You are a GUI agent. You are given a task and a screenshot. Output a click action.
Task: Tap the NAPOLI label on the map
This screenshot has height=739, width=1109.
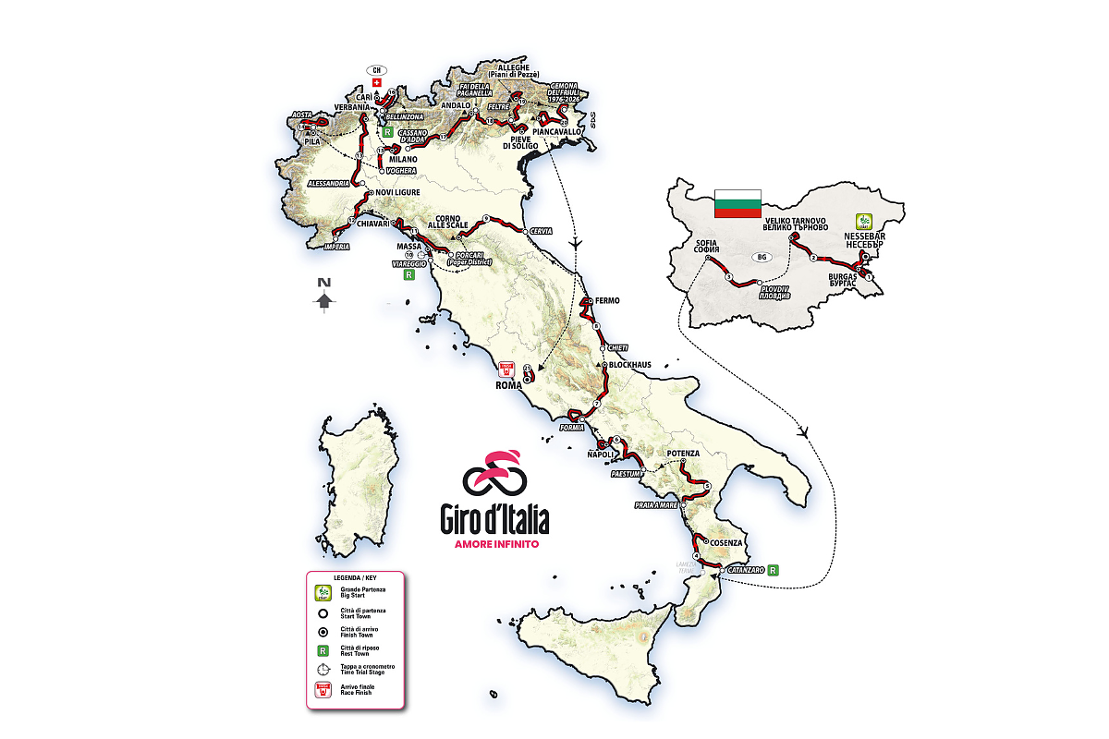pos(602,454)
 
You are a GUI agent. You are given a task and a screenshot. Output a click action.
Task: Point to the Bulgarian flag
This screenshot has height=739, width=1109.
pos(737,203)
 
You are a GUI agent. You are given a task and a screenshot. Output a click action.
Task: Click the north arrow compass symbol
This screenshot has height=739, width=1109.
pos(323,297)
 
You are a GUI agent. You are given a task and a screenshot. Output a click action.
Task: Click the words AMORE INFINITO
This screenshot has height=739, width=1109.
pos(497,544)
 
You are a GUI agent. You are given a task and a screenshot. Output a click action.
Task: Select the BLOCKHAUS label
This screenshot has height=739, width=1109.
pos(629,365)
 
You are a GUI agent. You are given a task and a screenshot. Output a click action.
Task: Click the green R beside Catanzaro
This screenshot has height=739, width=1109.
pos(773,570)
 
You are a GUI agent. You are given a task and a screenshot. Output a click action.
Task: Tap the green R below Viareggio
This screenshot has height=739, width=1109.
pos(407,275)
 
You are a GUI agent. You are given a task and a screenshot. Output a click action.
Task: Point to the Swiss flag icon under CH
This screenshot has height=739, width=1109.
pos(377,82)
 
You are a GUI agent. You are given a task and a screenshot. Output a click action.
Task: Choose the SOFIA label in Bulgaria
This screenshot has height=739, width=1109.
pos(706,245)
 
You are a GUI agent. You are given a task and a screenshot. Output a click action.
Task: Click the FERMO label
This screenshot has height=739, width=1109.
pos(607,301)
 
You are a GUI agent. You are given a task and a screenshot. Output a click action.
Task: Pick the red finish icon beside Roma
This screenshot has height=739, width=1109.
pos(506,369)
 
